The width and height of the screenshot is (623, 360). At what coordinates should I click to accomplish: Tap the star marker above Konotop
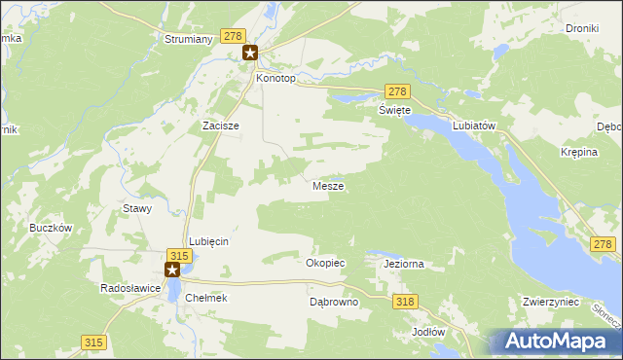click(x=250, y=54)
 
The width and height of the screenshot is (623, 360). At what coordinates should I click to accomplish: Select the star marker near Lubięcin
click(x=173, y=270)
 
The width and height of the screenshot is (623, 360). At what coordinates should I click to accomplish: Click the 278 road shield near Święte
click(x=395, y=91)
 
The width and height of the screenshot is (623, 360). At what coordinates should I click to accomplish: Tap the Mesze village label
click(x=327, y=185)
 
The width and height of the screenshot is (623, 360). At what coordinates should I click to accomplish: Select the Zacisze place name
click(x=220, y=126)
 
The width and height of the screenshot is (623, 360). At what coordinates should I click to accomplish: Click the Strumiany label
click(x=182, y=41)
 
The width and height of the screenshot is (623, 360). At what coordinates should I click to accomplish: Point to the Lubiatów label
click(x=475, y=126)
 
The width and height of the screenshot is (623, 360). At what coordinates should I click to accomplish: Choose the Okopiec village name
click(x=325, y=263)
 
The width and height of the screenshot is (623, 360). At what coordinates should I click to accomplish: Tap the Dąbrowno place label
click(x=334, y=303)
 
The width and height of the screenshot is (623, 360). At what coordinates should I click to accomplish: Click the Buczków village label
click(x=53, y=228)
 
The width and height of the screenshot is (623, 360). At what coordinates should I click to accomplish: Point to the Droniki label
click(x=581, y=29)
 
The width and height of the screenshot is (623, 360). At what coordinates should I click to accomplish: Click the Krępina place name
click(x=578, y=154)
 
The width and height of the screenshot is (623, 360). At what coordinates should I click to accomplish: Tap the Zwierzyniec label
click(x=551, y=303)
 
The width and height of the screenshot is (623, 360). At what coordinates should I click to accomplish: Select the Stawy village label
click(x=135, y=208)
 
